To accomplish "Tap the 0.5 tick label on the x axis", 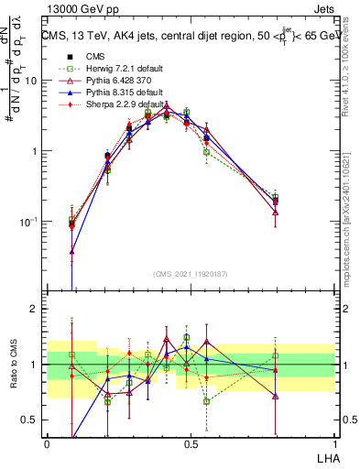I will [x=191, y=444].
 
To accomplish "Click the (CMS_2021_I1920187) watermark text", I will [x=191, y=272].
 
